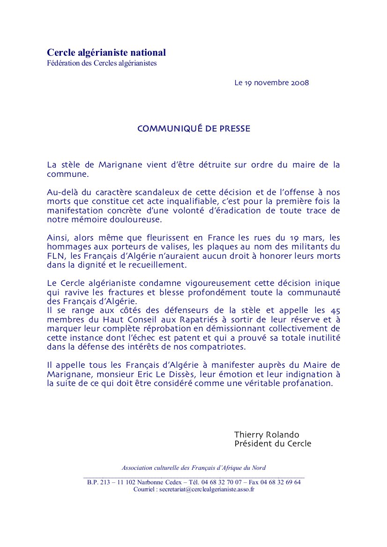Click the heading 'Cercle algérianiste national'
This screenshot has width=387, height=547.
click(x=106, y=53)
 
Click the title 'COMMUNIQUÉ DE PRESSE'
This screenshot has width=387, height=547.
click(x=193, y=129)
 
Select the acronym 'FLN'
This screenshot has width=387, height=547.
click(x=55, y=256)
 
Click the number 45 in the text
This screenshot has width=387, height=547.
click(x=335, y=310)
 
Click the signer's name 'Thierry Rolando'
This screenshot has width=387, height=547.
click(x=267, y=435)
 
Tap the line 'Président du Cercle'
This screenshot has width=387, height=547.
click(x=273, y=444)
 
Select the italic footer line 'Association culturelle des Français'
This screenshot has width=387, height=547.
click(x=193, y=467)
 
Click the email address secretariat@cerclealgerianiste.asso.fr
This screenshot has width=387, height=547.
click(x=207, y=489)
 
